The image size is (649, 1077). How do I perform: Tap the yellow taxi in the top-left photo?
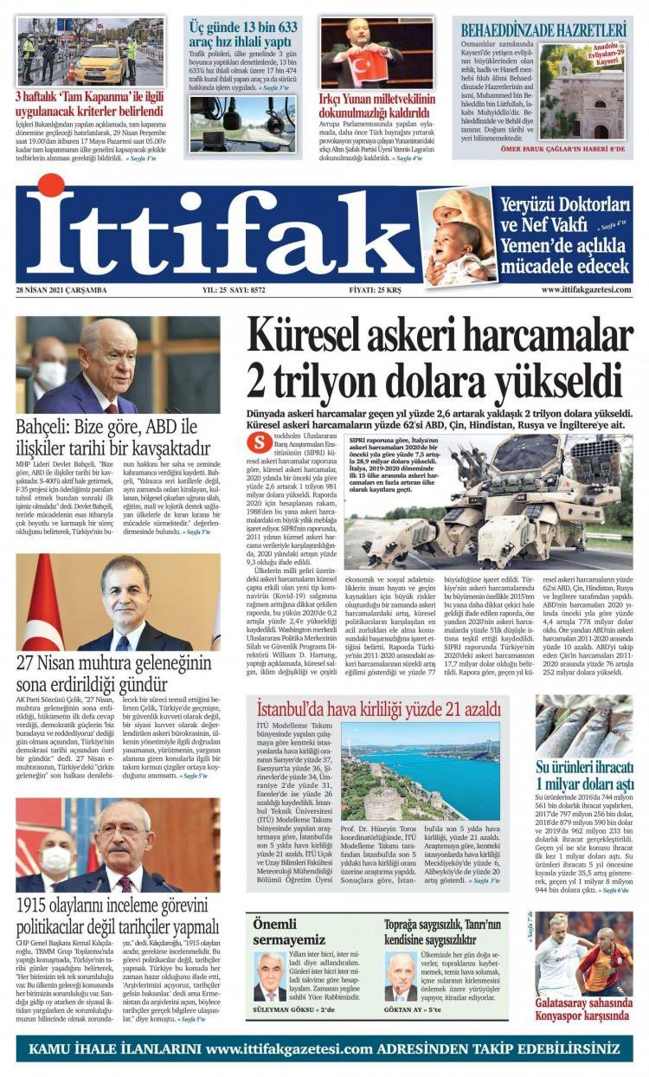99,64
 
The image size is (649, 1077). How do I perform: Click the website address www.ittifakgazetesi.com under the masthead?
586,290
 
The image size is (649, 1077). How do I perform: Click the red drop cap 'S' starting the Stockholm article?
255,442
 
